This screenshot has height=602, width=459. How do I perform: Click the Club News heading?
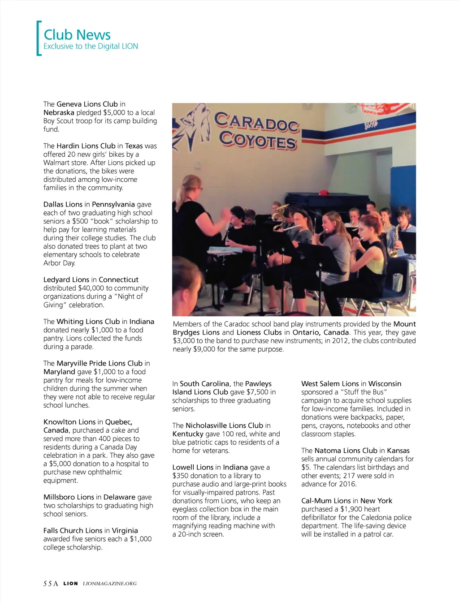point(77,34)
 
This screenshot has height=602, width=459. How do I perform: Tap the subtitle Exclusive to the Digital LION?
point(91,46)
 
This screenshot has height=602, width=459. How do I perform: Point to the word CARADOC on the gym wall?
point(256,121)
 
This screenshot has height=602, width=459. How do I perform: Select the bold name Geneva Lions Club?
point(87,104)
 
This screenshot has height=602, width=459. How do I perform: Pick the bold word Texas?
point(134,146)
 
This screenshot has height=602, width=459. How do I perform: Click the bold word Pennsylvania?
point(113,204)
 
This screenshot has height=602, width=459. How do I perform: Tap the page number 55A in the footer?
point(51,584)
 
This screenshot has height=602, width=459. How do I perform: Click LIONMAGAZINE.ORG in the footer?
point(110,584)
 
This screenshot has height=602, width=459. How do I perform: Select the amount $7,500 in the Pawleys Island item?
point(257,392)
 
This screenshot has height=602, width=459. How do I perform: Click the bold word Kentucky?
point(188,434)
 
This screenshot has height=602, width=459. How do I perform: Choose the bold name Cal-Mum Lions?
point(326,501)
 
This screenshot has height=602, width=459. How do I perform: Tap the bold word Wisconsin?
point(385,384)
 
